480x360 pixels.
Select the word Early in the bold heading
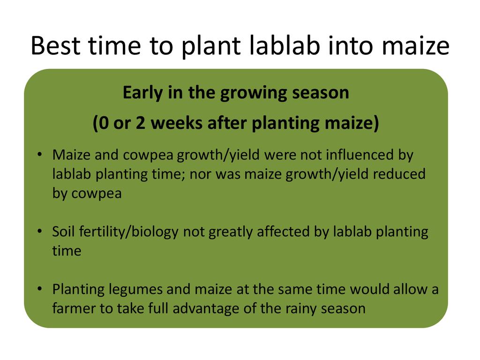click(142, 93)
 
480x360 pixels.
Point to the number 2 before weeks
click(140, 123)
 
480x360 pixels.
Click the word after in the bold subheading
click(227, 123)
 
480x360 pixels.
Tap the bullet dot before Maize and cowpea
click(39, 154)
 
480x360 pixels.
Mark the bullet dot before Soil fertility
click(39, 231)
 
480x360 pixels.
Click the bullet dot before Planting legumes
click(39, 289)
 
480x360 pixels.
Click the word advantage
click(206, 309)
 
